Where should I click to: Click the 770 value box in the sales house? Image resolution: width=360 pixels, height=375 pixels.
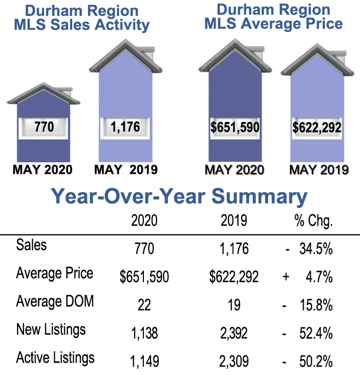pyautogui.click(x=44, y=128)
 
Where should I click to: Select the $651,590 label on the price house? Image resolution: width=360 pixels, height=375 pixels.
pyautogui.click(x=234, y=128)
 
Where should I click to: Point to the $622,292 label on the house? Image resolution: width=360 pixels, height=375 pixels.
pyautogui.click(x=316, y=128)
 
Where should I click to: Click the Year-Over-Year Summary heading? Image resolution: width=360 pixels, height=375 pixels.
pyautogui.click(x=179, y=196)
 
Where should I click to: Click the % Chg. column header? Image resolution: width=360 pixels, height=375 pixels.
pyautogui.click(x=313, y=221)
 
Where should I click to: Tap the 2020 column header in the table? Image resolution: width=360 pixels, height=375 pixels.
pyautogui.click(x=144, y=221)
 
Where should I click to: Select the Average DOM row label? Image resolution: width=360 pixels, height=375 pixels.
pyautogui.click(x=55, y=302)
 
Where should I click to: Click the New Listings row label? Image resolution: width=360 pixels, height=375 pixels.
pyautogui.click(x=50, y=330)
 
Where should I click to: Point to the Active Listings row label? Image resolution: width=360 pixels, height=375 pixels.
pyautogui.click(x=55, y=357)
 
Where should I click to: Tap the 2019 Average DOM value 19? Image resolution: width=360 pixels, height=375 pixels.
pyautogui.click(x=233, y=305)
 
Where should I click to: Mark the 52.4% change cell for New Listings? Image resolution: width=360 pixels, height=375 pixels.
pyautogui.click(x=316, y=333)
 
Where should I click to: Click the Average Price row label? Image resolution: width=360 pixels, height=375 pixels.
pyautogui.click(x=55, y=274)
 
